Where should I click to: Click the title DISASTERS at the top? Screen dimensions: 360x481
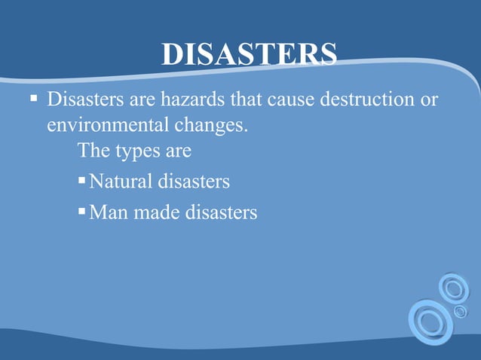coord(249,53)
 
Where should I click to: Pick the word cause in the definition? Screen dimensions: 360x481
coord(287,100)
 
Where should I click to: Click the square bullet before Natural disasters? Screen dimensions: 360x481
coord(82,182)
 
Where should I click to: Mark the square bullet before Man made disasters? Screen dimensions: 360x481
coord(82,213)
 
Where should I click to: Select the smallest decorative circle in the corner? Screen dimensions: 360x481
coord(460,311)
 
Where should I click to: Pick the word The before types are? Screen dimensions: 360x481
coord(93,151)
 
